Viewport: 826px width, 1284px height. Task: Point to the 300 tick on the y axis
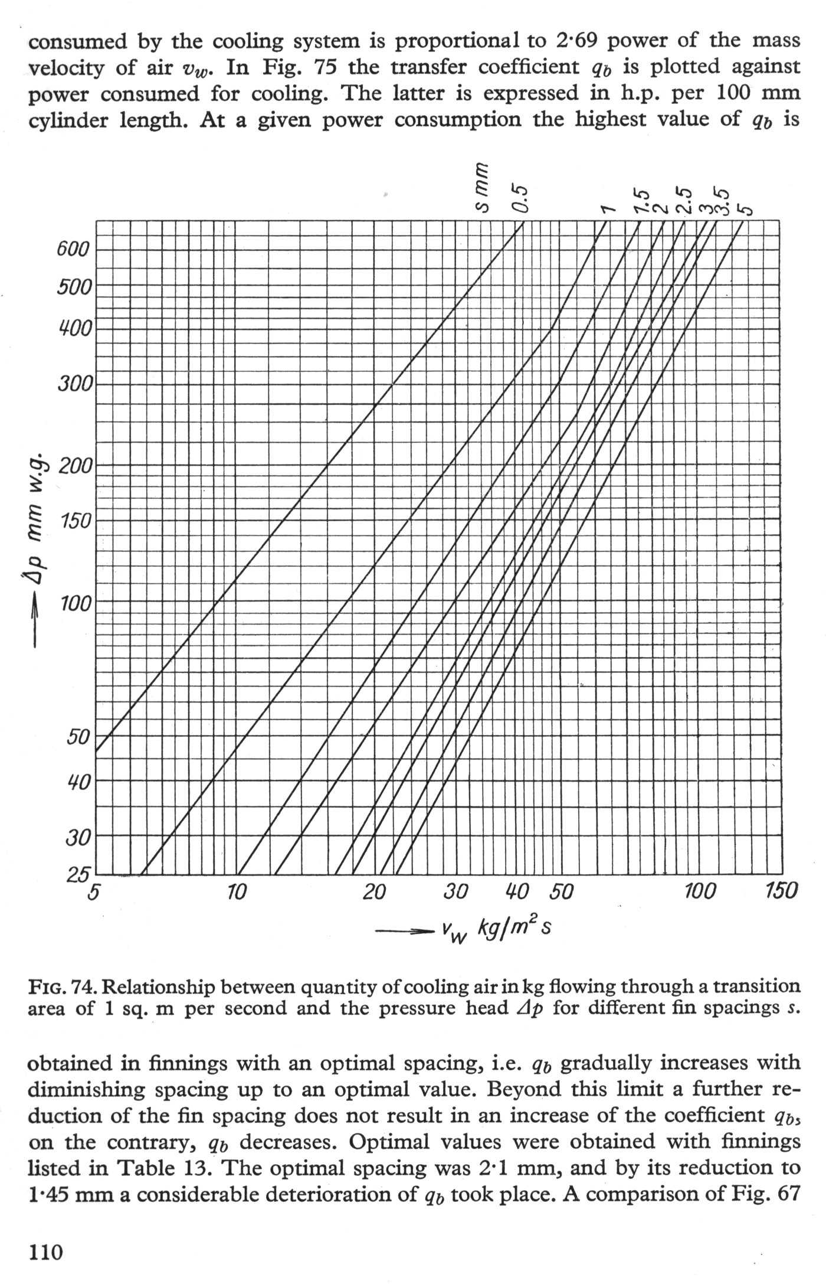(x=75, y=384)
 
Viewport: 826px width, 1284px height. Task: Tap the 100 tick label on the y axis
(x=75, y=604)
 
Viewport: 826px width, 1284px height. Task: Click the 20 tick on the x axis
(x=374, y=892)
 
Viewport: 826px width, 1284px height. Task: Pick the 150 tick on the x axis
(x=781, y=891)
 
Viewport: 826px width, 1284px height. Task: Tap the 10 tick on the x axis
(x=236, y=892)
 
